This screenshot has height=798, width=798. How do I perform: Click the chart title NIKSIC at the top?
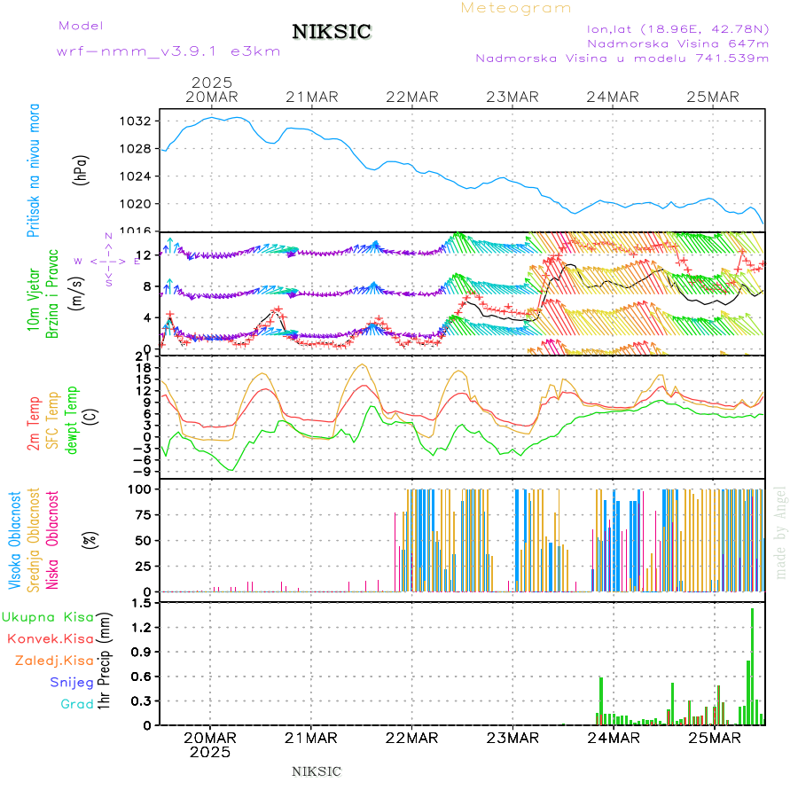tap(332, 32)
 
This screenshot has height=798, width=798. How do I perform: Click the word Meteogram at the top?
tap(516, 8)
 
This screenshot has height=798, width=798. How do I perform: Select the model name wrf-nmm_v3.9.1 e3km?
tap(168, 51)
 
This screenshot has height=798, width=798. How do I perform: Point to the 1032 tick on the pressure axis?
tap(141, 121)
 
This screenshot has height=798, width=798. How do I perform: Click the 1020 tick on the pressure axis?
tap(141, 203)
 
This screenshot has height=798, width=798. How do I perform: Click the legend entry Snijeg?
tap(72, 682)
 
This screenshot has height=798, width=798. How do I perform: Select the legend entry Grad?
tap(76, 704)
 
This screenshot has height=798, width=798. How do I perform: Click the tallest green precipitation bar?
tap(752, 665)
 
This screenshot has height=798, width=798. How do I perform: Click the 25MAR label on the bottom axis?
tap(714, 737)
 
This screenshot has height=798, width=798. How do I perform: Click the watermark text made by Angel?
tap(781, 532)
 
